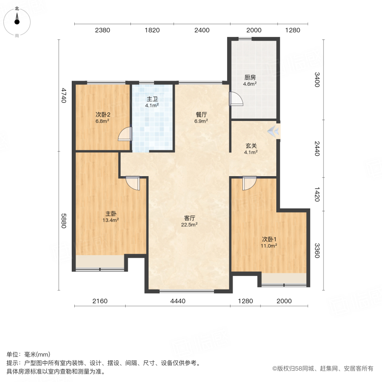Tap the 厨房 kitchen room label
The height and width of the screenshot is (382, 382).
pyautogui.click(x=250, y=78)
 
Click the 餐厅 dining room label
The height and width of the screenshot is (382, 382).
pyautogui.click(x=201, y=115)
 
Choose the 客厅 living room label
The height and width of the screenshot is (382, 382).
pyautogui.click(x=189, y=219)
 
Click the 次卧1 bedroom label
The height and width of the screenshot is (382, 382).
pyautogui.click(x=269, y=239)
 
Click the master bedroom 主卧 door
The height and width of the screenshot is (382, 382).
pyautogui.click(x=133, y=183)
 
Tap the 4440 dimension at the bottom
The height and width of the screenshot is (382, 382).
pyautogui.click(x=178, y=301)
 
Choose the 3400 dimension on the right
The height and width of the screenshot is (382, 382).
pyautogui.click(x=317, y=79)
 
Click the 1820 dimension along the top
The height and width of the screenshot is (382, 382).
pyautogui.click(x=152, y=30)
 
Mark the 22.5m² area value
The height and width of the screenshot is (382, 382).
pyautogui.click(x=189, y=225)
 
